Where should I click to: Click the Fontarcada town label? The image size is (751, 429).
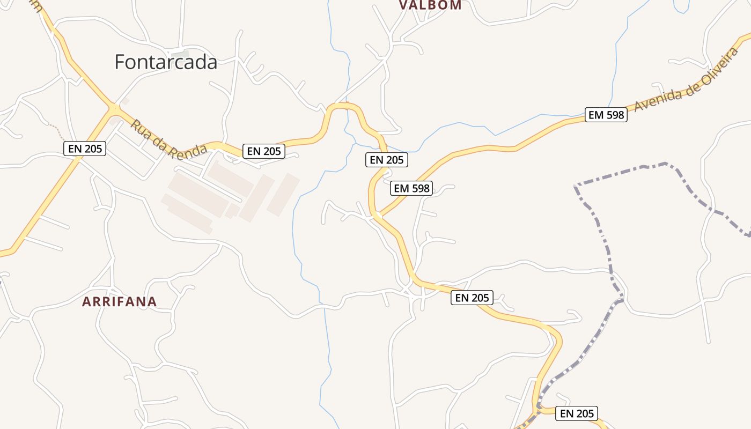(166, 62)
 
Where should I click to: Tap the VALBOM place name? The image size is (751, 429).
(430, 5)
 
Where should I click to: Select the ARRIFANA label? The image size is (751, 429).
(119, 302)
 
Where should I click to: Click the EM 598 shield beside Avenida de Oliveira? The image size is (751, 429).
(606, 115)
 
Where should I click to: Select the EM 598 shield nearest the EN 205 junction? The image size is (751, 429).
(411, 188)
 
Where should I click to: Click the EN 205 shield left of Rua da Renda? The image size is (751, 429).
(85, 149)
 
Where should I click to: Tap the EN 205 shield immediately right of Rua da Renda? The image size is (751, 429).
(263, 151)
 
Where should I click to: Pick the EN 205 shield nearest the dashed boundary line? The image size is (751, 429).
(577, 413)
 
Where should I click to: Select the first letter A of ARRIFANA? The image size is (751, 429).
(86, 302)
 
